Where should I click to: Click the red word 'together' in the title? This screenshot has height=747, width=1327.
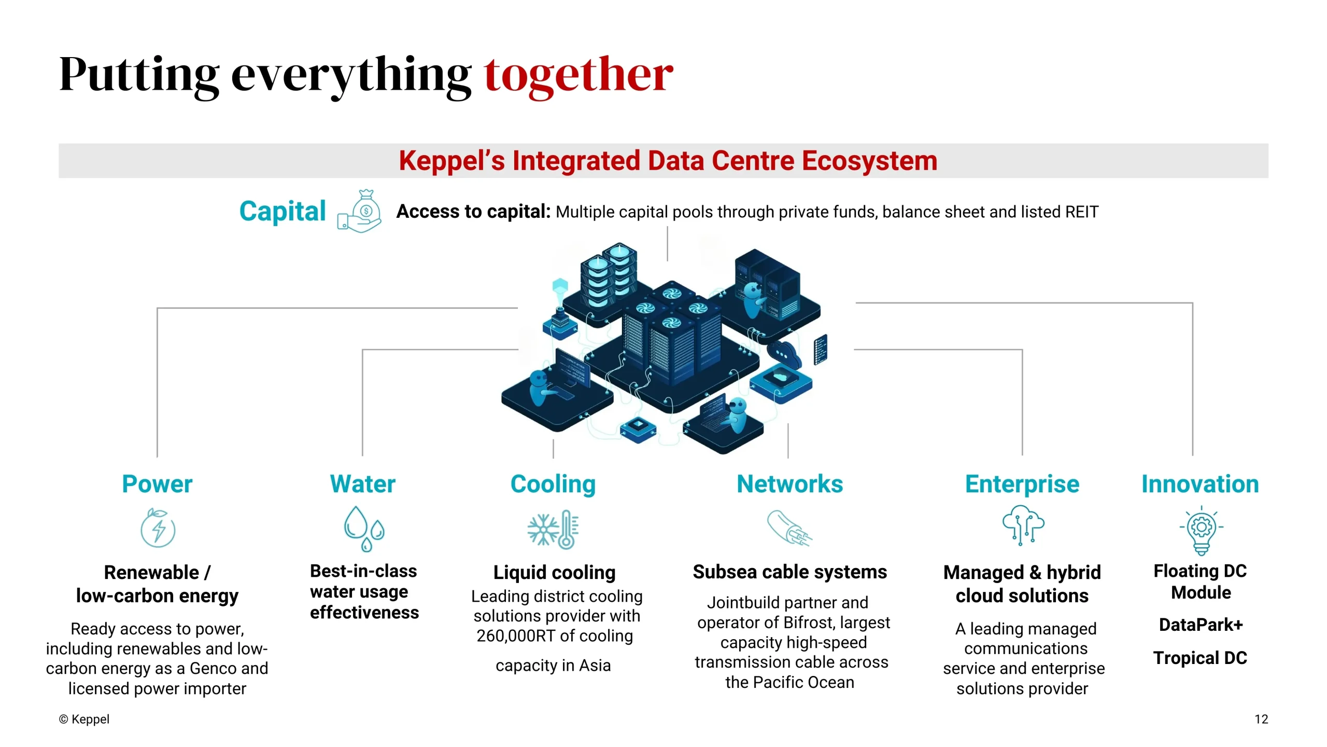[x=578, y=76]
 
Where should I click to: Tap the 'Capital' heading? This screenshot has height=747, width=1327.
[x=283, y=212]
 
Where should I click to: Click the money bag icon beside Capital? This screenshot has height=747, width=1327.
[x=359, y=211]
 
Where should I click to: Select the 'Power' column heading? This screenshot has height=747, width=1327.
[x=157, y=484]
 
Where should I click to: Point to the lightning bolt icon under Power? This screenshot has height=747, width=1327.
[x=158, y=528]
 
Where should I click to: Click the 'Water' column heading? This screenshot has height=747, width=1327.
[x=363, y=484]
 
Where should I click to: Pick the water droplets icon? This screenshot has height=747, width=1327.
[x=364, y=529]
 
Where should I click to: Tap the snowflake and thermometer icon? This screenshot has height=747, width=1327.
[x=553, y=529]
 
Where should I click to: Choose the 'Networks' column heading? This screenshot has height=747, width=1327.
[x=790, y=484]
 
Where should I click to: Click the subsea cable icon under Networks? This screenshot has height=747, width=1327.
[x=789, y=528]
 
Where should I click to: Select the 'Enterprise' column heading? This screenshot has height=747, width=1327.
[x=1022, y=485]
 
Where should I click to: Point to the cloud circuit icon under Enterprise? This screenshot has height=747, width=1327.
[x=1023, y=525]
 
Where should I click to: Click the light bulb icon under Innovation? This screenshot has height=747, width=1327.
[x=1202, y=530]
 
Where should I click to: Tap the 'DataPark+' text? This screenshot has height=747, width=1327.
[x=1201, y=625]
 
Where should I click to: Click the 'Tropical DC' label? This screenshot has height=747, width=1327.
[x=1201, y=658]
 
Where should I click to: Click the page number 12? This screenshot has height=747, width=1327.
[x=1261, y=720]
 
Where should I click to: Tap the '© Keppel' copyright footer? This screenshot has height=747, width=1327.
[x=84, y=720]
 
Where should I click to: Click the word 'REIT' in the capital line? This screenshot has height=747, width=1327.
[x=1082, y=212]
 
